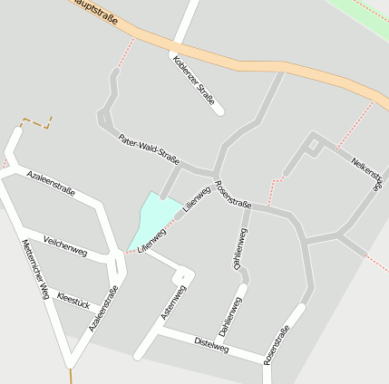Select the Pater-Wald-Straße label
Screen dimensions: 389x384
pyautogui.click(x=149, y=149)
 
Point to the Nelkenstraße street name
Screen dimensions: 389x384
pyautogui.click(x=367, y=171)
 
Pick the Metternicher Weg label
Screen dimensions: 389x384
pyautogui.click(x=34, y=270)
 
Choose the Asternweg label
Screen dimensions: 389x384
pyautogui.click(x=172, y=302)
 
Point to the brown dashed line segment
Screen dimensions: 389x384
pyautogui.click(x=36, y=120)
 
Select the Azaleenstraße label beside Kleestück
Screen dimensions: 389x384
pyautogui.click(x=104, y=307)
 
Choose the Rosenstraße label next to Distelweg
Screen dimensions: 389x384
pyautogui.click(x=276, y=344)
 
